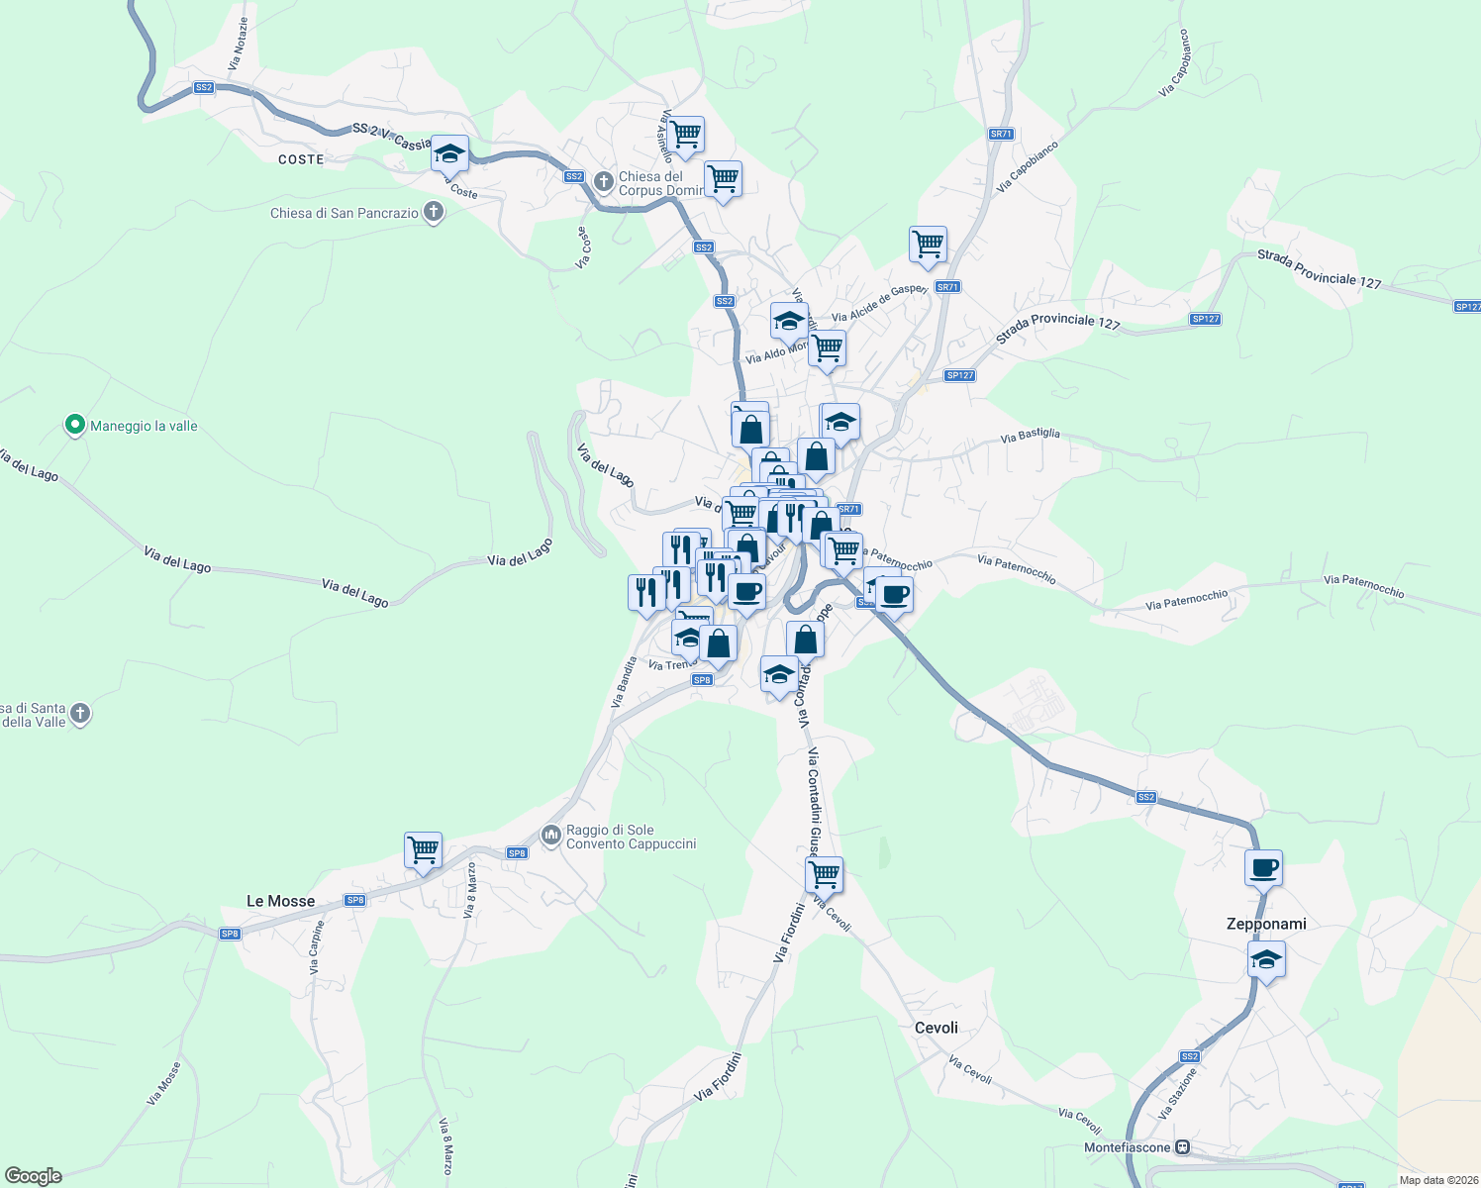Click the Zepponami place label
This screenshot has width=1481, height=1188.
pyautogui.click(x=1266, y=924)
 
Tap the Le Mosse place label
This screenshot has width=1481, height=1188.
pyautogui.click(x=280, y=901)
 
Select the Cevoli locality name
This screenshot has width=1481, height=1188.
pyautogui.click(x=936, y=1028)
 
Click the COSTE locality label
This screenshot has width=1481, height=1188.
pyautogui.click(x=301, y=159)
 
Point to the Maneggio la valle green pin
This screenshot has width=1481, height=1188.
pyautogui.click(x=74, y=426)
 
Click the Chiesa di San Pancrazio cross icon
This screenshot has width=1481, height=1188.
pyautogui.click(x=433, y=212)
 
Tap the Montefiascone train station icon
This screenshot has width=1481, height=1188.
pyautogui.click(x=1181, y=1147)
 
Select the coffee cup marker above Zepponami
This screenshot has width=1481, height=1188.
pyautogui.click(x=1263, y=868)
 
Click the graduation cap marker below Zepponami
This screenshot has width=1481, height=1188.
pyautogui.click(x=1266, y=959)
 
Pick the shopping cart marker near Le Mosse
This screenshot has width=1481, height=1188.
pyautogui.click(x=423, y=849)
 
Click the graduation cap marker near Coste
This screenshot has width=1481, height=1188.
pyautogui.click(x=449, y=153)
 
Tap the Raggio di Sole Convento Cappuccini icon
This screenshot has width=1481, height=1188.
pyautogui.click(x=550, y=837)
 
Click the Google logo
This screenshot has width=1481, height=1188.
pyautogui.click(x=34, y=1175)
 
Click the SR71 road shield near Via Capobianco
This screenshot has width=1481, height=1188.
pyautogui.click(x=1001, y=134)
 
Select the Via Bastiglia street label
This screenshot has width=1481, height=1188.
pyautogui.click(x=1030, y=435)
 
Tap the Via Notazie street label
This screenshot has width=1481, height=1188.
pyautogui.click(x=239, y=43)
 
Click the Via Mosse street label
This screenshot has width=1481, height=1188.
pyautogui.click(x=164, y=1084)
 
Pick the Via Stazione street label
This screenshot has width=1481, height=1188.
pyautogui.click(x=1180, y=1093)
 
